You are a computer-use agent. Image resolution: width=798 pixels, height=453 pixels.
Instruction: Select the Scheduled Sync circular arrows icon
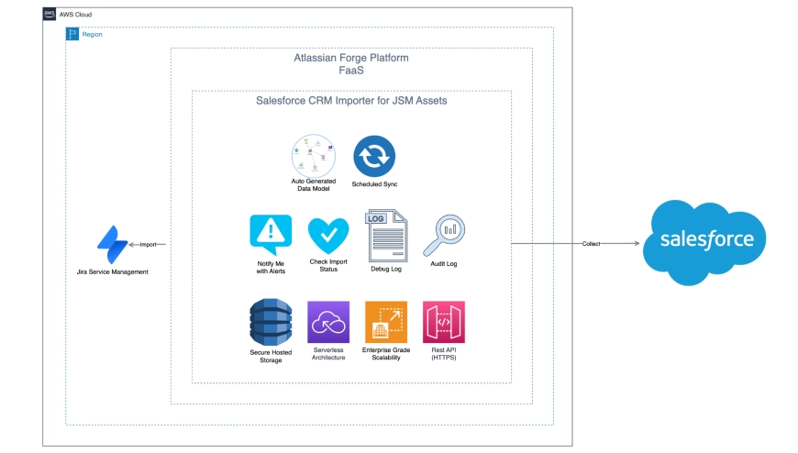pos(373,155)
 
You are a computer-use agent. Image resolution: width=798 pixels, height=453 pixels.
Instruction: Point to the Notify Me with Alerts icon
pos(271,235)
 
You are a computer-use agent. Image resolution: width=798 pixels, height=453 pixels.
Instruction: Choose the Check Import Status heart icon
pos(329,236)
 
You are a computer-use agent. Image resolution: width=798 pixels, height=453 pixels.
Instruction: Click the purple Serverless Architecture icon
pos(329,322)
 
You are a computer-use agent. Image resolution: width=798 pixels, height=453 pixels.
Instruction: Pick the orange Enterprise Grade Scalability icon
pos(385,322)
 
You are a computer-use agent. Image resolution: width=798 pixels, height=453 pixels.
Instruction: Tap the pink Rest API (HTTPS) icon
pos(444,322)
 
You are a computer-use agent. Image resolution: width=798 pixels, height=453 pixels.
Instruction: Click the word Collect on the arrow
pos(592,244)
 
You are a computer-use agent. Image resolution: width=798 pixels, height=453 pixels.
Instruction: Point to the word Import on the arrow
pos(149,244)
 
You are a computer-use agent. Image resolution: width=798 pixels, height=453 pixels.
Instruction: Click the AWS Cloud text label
pos(76,15)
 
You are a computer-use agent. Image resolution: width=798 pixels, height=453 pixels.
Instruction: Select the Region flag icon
pos(72,34)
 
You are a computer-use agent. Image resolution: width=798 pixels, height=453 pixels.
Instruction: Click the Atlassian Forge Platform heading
pos(350,58)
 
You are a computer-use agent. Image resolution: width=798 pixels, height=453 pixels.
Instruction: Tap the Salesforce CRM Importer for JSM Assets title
pos(350,101)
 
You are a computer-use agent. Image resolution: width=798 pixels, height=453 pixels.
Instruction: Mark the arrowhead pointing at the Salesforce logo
pos(637,244)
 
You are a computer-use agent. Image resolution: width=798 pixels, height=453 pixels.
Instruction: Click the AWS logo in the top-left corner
pos(50,15)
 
